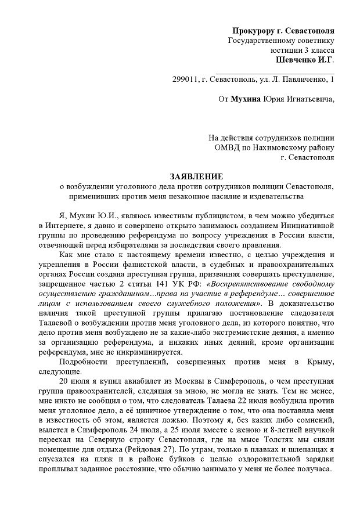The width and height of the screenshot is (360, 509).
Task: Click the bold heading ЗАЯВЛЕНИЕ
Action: tap(196, 175)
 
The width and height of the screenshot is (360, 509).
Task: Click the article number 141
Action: tap(149, 284)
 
